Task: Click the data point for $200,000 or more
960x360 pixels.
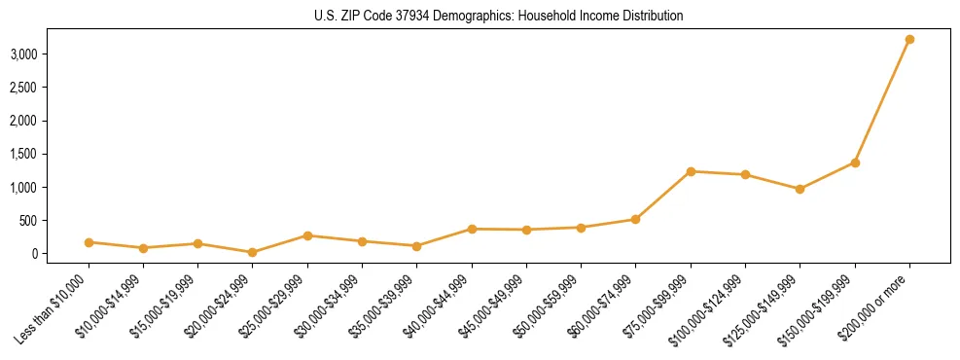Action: [x=909, y=40]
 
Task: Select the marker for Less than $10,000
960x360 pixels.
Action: [x=89, y=242]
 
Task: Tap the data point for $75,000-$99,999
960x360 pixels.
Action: [x=691, y=171]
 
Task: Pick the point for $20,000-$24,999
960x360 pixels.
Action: [x=253, y=252]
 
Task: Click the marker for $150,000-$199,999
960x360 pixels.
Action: [x=855, y=162]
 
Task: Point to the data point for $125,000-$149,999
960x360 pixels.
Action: [x=800, y=189]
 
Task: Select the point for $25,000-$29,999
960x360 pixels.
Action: [x=307, y=235]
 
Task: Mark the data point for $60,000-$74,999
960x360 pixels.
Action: [x=635, y=219]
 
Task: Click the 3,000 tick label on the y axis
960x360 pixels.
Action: [x=23, y=54]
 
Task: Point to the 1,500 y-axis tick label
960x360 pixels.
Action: [x=23, y=154]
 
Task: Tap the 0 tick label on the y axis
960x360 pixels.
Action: [x=33, y=254]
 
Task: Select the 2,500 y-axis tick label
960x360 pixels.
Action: [x=23, y=88]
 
